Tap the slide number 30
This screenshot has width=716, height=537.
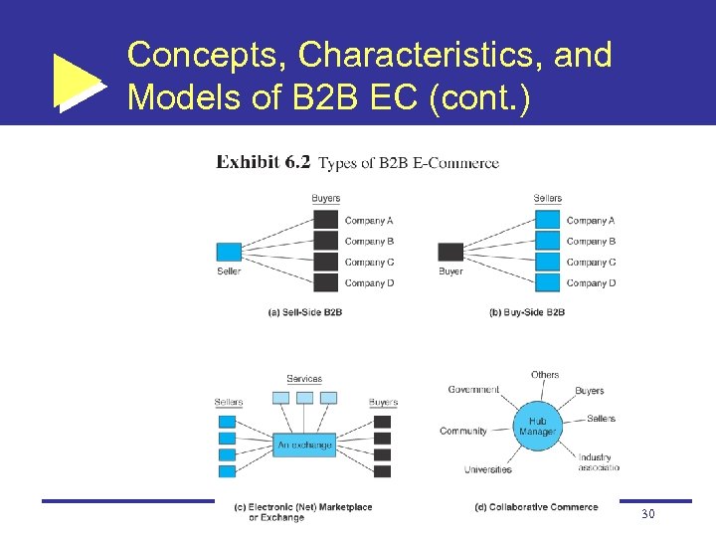(x=648, y=513)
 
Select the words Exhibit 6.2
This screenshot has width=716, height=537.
(x=264, y=162)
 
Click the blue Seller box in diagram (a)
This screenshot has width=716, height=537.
(x=229, y=252)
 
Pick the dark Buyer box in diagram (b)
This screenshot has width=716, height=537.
(x=450, y=252)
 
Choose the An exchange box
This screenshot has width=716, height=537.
(x=304, y=445)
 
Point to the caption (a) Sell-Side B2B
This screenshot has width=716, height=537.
(x=305, y=311)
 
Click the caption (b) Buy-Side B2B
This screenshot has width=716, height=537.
(x=527, y=311)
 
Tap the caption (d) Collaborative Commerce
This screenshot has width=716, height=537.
(x=537, y=507)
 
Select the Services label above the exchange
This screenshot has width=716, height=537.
(x=304, y=379)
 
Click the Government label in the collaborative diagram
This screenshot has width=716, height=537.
(x=473, y=390)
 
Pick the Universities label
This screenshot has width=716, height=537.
(x=487, y=469)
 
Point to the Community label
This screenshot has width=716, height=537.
(x=463, y=432)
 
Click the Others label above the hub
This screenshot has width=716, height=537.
(x=545, y=375)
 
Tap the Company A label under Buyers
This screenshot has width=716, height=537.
(x=369, y=221)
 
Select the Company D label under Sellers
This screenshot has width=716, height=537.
(x=591, y=283)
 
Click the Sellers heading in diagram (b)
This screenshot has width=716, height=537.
(x=548, y=199)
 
